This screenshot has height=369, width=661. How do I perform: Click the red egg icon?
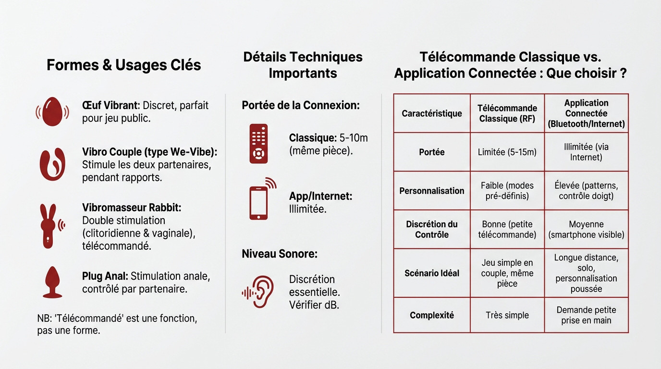pyautogui.click(x=52, y=111)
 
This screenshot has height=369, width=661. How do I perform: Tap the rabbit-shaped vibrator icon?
pyautogui.click(x=52, y=226)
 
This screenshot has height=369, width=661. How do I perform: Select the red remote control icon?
pyautogui.click(x=258, y=144)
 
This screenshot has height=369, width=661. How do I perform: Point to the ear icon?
pyautogui.click(x=257, y=292)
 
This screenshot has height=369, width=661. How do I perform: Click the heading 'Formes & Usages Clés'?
pyautogui.click(x=123, y=65)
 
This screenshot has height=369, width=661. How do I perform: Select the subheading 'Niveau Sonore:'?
pyautogui.click(x=280, y=254)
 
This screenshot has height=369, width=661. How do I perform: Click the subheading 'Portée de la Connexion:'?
pyautogui.click(x=301, y=105)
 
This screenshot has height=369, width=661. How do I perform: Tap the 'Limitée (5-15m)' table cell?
pyautogui.click(x=507, y=152)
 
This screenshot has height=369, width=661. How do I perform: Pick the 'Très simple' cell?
pyautogui.click(x=507, y=315)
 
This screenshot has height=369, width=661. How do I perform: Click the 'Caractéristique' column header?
pyautogui.click(x=432, y=113)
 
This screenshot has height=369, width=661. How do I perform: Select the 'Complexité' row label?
pyautogui.click(x=432, y=315)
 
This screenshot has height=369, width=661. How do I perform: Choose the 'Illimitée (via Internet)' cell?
pyautogui.click(x=586, y=152)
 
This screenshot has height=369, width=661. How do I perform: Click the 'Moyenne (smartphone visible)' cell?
pyautogui.click(x=586, y=229)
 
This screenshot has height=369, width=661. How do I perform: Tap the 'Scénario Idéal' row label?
pyautogui.click(x=432, y=273)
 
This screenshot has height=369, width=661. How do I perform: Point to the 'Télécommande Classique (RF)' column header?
pyautogui.click(x=507, y=113)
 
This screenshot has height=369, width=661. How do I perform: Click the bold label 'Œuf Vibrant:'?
pyautogui.click(x=111, y=105)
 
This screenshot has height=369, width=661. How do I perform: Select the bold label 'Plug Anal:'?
pyautogui.click(x=105, y=276)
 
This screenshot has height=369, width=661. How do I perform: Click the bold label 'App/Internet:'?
pyautogui.click(x=320, y=196)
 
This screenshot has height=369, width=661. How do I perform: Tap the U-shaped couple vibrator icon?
pyautogui.click(x=52, y=164)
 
